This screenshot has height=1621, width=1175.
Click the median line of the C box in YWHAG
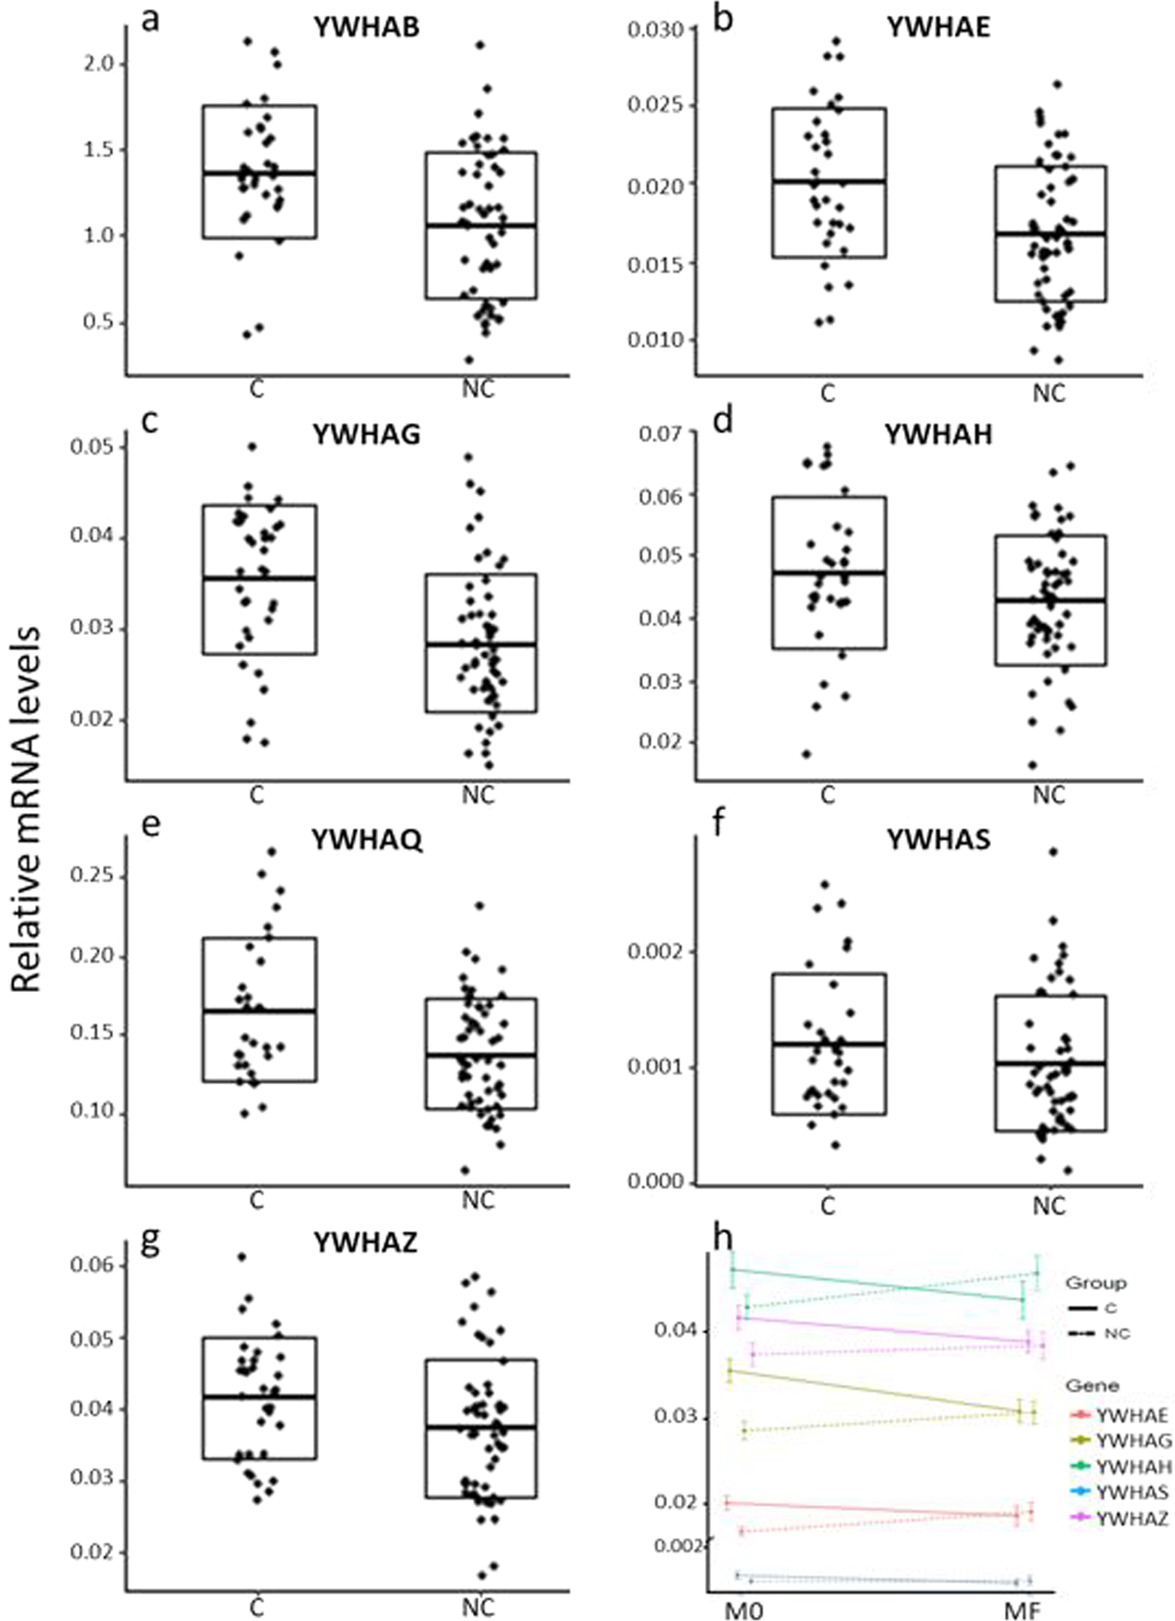pyautogui.click(x=259, y=578)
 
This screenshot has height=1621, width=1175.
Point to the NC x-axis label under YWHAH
pyautogui.click(x=1049, y=796)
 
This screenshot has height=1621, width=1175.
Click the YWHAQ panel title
pyautogui.click(x=367, y=841)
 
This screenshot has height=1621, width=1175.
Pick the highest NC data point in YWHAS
pyautogui.click(x=1053, y=852)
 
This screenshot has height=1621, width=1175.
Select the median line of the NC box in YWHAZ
pyautogui.click(x=481, y=1427)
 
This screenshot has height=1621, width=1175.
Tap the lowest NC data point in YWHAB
pyautogui.click(x=469, y=359)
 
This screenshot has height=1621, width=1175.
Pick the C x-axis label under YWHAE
pyautogui.click(x=827, y=393)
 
